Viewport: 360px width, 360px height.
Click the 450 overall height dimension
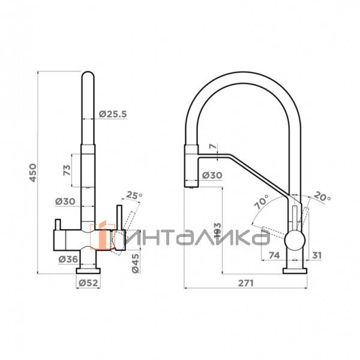[33, 173]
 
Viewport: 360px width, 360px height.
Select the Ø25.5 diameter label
[113, 114]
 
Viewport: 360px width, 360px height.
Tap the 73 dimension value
[67, 170]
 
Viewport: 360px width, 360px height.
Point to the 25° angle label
[133, 196]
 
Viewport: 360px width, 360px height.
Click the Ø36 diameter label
[68, 259]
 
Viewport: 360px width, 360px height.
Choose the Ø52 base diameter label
[88, 283]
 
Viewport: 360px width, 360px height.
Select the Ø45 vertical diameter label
[136, 263]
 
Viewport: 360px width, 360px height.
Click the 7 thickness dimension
[213, 146]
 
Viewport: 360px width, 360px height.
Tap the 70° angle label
[262, 202]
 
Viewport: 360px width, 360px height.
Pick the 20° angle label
[322, 197]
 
